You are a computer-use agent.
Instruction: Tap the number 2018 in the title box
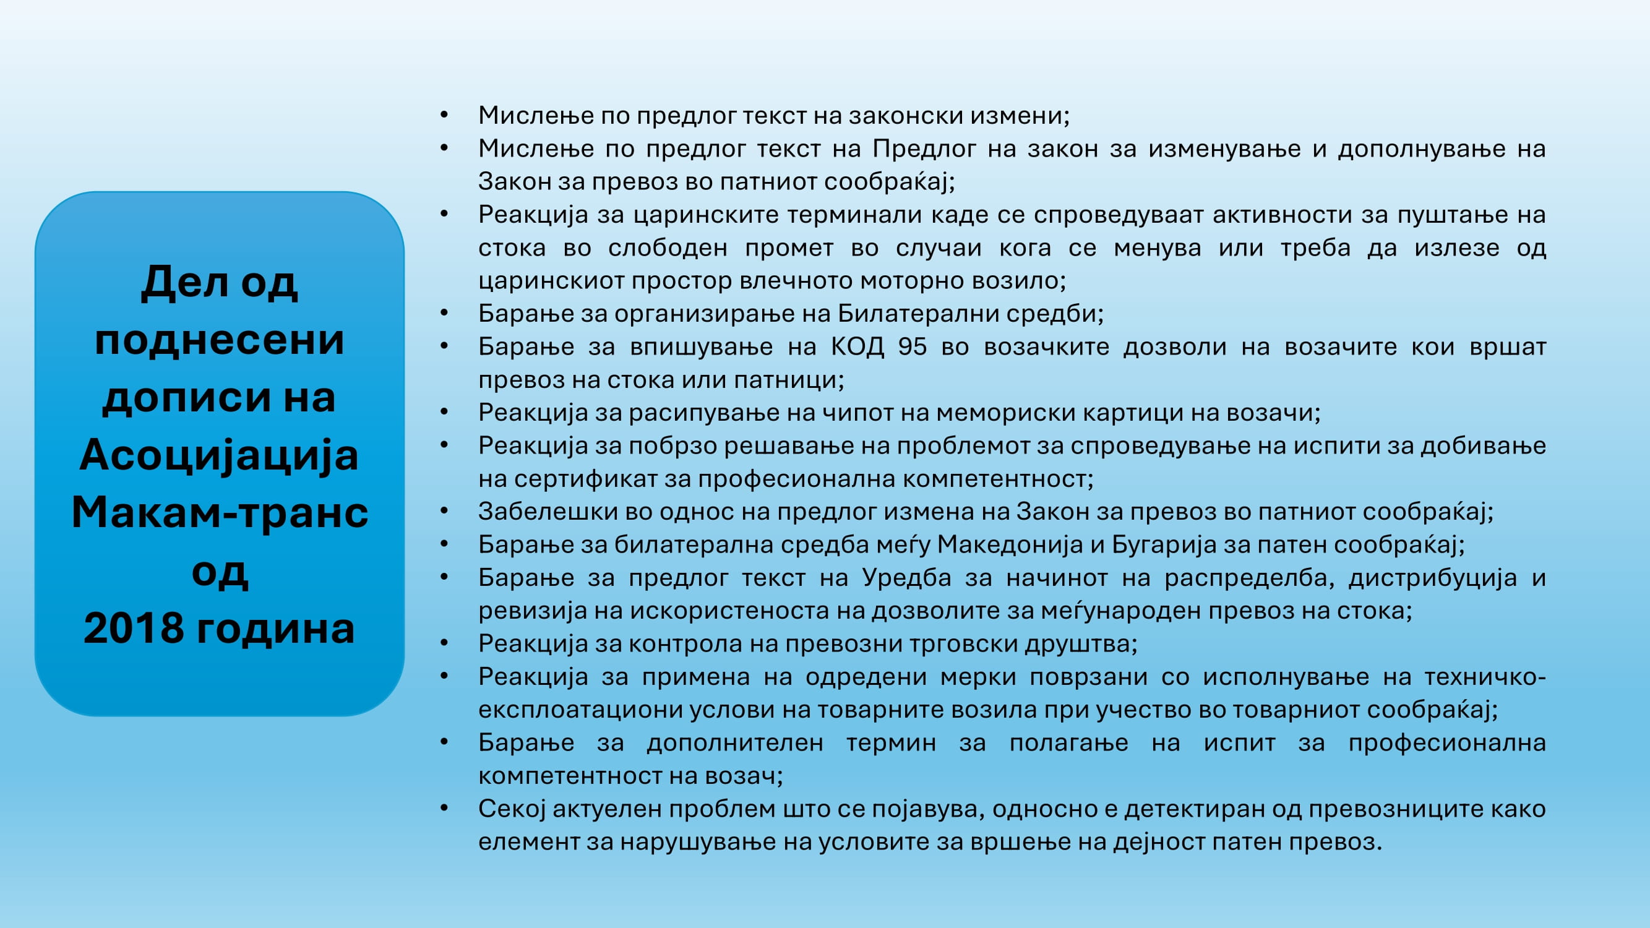pos(134,629)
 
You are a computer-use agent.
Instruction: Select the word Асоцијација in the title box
pos(219,455)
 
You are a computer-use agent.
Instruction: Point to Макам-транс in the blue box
pos(220,513)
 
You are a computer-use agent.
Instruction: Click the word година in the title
pos(275,629)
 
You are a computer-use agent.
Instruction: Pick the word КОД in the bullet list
pos(857,346)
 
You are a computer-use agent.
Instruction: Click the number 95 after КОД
pos(912,346)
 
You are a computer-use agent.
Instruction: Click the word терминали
pos(854,215)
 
